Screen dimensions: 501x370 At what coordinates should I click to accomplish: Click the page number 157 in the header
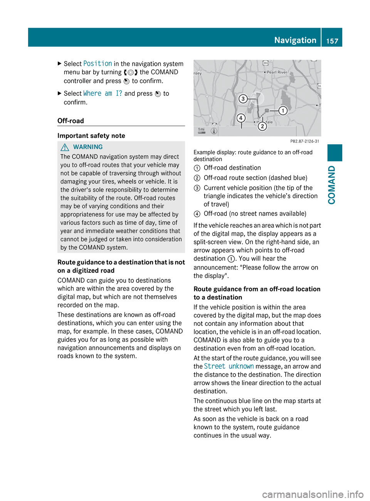click(x=332, y=41)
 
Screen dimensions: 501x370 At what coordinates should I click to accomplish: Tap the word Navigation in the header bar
click(x=295, y=40)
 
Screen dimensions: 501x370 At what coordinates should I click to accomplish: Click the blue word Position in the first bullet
click(x=98, y=63)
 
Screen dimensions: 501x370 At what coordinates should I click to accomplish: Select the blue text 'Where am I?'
click(x=103, y=94)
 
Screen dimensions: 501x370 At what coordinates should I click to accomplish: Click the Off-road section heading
click(x=71, y=121)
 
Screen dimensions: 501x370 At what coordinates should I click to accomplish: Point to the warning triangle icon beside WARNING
click(x=65, y=147)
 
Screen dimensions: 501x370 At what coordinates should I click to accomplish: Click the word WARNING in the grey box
click(x=88, y=147)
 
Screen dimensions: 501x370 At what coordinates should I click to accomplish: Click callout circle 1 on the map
click(x=283, y=111)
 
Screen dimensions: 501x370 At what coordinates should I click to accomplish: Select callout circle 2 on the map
click(x=262, y=126)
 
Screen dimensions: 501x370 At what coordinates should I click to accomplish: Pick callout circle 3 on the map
click(x=243, y=99)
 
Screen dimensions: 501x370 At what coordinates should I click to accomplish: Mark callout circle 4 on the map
click(x=240, y=118)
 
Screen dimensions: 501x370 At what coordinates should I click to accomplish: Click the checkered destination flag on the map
click(x=266, y=111)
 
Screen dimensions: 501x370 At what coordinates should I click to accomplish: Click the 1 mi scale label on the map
click(x=201, y=130)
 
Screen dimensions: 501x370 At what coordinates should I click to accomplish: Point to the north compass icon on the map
click(x=214, y=131)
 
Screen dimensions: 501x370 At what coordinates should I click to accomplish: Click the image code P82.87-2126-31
click(x=304, y=141)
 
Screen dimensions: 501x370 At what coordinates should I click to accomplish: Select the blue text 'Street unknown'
click(x=229, y=366)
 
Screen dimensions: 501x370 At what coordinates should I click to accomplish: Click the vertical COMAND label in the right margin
click(x=331, y=185)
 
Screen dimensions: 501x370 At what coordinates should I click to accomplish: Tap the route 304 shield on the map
click(x=266, y=63)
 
